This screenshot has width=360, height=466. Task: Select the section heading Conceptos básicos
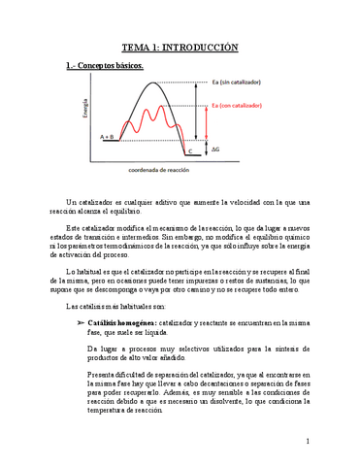click(108, 66)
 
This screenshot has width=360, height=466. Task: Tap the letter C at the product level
click(190, 151)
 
